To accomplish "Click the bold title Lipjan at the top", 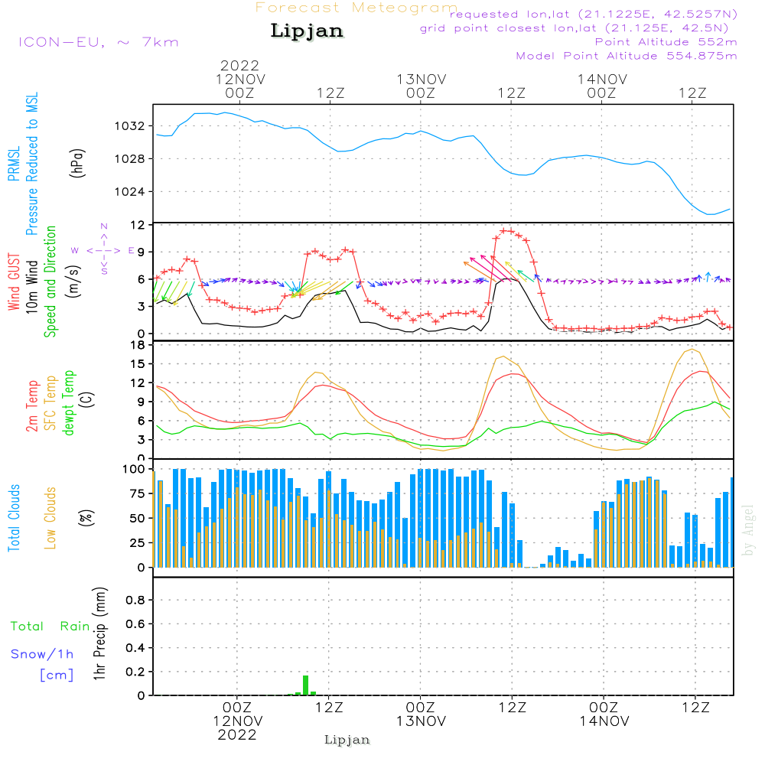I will point(307,31).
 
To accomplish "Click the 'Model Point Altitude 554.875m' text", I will point(627,56).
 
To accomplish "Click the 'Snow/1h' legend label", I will point(43,654).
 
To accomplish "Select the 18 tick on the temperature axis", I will point(138,345).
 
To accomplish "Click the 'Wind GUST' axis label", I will point(14,282).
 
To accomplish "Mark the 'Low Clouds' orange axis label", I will point(50,517).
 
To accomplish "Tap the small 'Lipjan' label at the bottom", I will point(347,740).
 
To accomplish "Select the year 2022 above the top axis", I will point(240,66).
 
